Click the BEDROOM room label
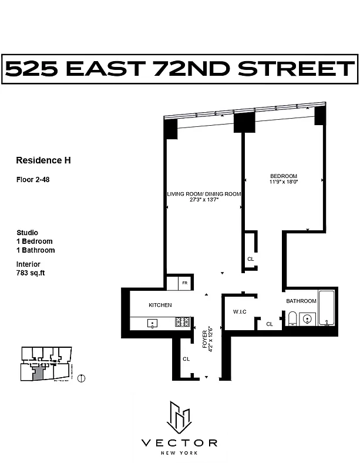coord(284,176)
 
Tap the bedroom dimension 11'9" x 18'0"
coord(284,182)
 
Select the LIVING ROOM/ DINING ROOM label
coord(204,193)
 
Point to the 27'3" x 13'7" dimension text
coord(204,200)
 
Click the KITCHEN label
coord(160,305)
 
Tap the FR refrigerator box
coord(184,283)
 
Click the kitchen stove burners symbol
coord(182,323)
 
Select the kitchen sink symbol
coord(152,323)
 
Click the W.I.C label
coord(238,312)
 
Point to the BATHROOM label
coord(301,301)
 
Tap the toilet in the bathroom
coord(292,319)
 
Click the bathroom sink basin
coord(308,319)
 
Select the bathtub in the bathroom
coord(327,308)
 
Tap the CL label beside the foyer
coord(186,358)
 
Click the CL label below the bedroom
coord(251,259)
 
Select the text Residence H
coord(43,160)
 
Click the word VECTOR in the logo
coord(179,442)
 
